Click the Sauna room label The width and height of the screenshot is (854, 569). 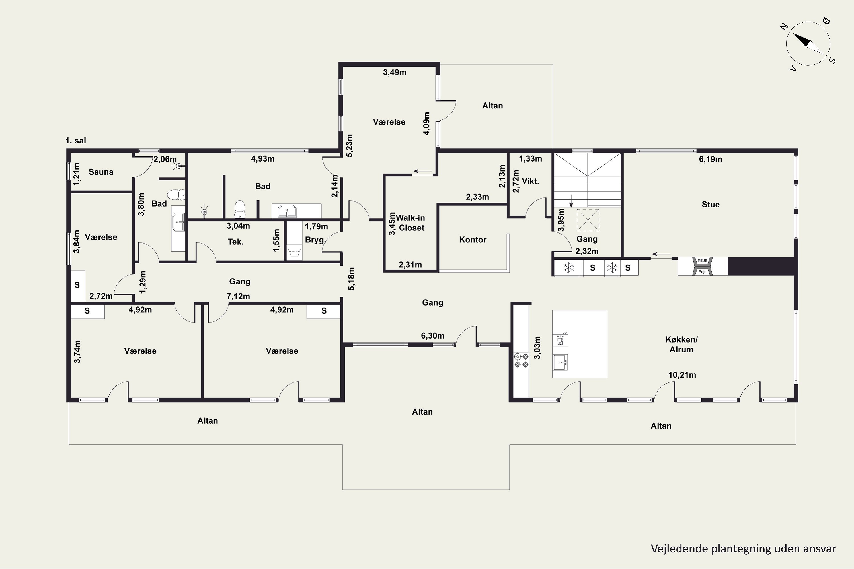click(101, 172)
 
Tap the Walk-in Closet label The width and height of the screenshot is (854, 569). click(410, 223)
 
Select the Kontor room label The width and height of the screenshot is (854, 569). click(473, 240)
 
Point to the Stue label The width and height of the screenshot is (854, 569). click(711, 204)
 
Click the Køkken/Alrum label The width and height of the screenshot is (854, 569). click(681, 344)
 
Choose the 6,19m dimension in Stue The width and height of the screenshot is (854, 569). click(711, 159)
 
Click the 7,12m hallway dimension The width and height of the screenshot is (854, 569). click(238, 296)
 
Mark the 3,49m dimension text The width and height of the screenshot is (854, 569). click(395, 72)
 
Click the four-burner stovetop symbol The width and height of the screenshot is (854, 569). click(521, 361)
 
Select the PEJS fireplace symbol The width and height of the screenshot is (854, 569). click(702, 266)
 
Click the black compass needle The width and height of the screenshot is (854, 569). click(802, 40)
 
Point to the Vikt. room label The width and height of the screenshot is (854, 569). click(531, 181)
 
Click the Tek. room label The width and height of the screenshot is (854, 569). click(236, 242)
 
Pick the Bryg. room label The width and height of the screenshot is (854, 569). click(315, 240)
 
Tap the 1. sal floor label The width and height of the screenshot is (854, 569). click(75, 141)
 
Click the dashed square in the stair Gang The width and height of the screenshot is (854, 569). click(588, 220)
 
